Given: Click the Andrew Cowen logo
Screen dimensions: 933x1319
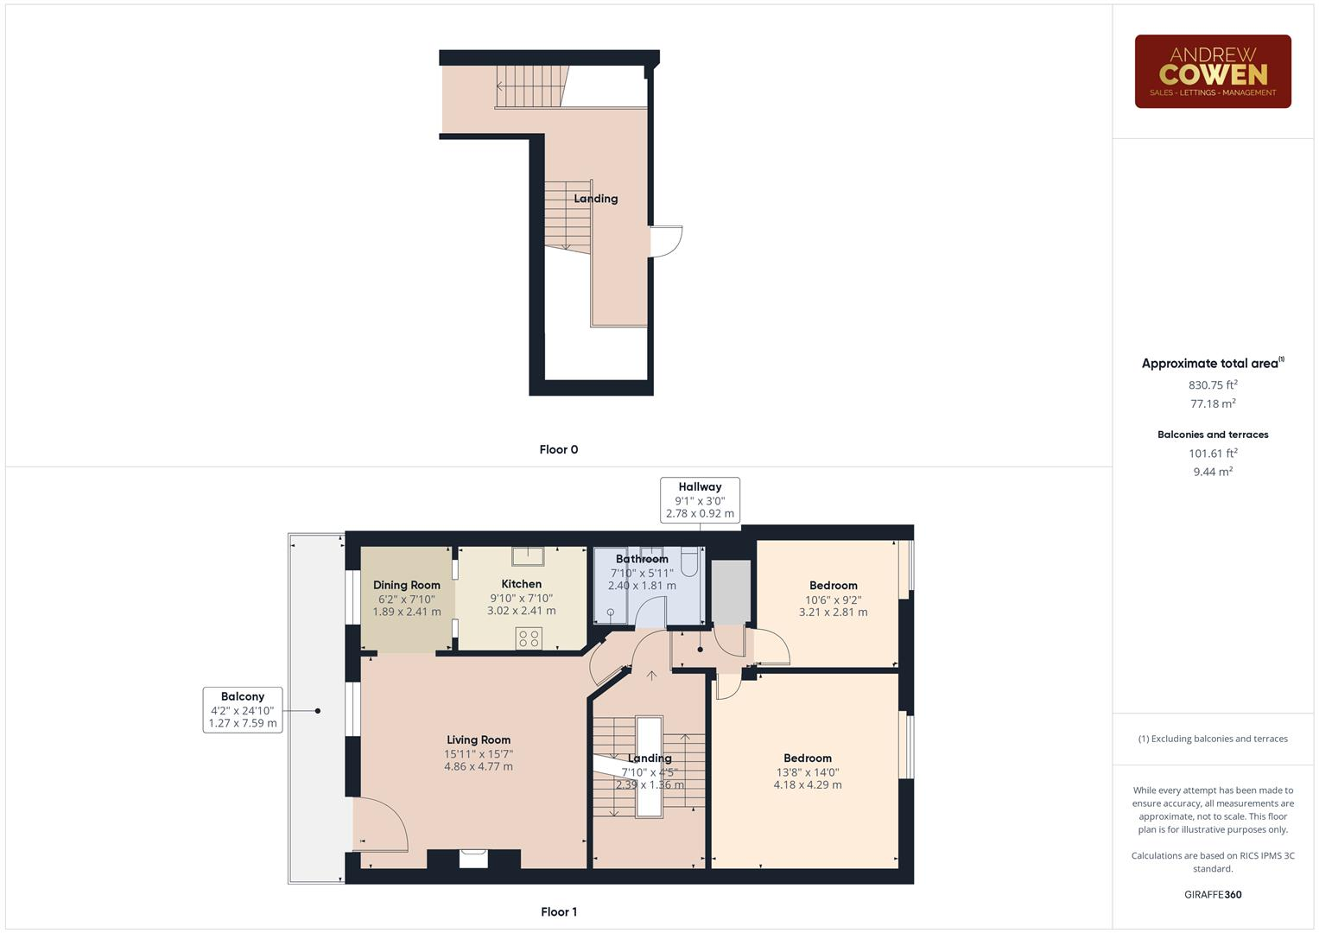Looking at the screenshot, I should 1212,71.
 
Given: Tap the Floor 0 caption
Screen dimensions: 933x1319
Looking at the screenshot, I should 558,449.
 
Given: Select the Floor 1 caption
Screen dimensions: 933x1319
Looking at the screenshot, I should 558,911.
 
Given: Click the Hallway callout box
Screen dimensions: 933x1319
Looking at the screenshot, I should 700,500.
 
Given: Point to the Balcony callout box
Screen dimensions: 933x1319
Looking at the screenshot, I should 243,709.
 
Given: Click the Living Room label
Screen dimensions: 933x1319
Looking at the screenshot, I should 478,739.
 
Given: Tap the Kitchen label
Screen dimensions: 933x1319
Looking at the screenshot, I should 521,584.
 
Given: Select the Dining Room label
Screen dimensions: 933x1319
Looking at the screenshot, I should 406,585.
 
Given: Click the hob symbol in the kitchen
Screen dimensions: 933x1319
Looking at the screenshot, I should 529,638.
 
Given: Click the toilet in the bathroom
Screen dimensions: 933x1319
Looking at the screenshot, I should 688,562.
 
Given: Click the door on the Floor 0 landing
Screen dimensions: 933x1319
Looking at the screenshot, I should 666,241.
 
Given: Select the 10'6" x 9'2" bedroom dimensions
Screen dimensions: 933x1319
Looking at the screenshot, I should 833,600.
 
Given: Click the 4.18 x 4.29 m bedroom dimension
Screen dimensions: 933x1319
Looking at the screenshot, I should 807,784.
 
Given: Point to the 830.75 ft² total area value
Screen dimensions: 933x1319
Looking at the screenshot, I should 1212,384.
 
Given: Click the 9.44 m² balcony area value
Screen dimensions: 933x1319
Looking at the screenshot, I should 1212,472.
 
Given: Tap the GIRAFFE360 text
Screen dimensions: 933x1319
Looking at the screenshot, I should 1212,894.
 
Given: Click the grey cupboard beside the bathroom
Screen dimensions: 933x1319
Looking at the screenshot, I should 731,592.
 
